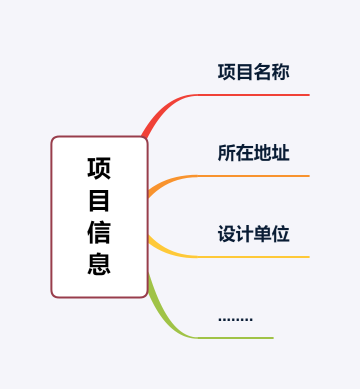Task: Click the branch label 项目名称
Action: point(253,72)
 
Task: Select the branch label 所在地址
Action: point(253,153)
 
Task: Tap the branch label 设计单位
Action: point(253,234)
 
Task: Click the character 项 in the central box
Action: point(99,168)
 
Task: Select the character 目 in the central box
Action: point(99,200)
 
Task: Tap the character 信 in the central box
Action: point(99,232)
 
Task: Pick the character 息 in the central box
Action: point(99,264)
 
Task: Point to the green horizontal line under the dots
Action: point(235,338)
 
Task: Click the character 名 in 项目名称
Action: point(262,72)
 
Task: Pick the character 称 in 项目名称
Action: point(280,72)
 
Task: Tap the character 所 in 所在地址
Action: point(226,153)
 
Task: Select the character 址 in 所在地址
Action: point(280,153)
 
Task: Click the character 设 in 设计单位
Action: point(226,234)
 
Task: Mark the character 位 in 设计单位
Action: point(280,234)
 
